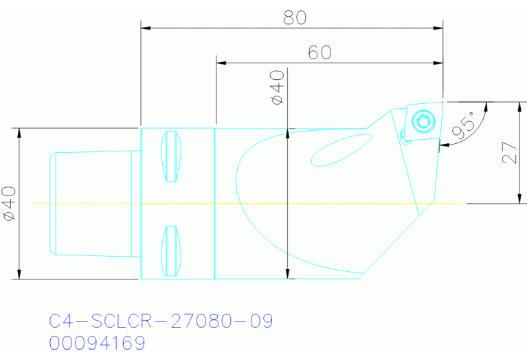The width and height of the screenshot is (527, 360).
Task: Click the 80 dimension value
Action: pos(294,18)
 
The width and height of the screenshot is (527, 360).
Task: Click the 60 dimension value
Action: pos(319,52)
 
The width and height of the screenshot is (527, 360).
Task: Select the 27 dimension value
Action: pos(509,153)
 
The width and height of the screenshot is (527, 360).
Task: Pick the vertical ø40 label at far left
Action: pos(10,203)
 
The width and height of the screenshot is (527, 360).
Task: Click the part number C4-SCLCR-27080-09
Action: pos(161,321)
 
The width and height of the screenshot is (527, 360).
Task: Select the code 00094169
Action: pos(97,343)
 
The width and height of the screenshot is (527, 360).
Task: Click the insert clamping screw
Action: pos(423,122)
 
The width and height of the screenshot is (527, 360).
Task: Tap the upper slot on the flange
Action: pos(172,156)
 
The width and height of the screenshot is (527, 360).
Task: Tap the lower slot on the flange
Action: pos(172,251)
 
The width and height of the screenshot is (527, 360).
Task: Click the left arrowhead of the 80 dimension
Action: pos(144,28)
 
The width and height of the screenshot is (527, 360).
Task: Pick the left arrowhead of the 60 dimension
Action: pos(220,63)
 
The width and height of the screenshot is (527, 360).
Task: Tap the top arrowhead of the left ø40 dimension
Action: pos(19,131)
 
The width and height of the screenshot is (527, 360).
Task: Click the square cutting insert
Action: pos(422,123)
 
